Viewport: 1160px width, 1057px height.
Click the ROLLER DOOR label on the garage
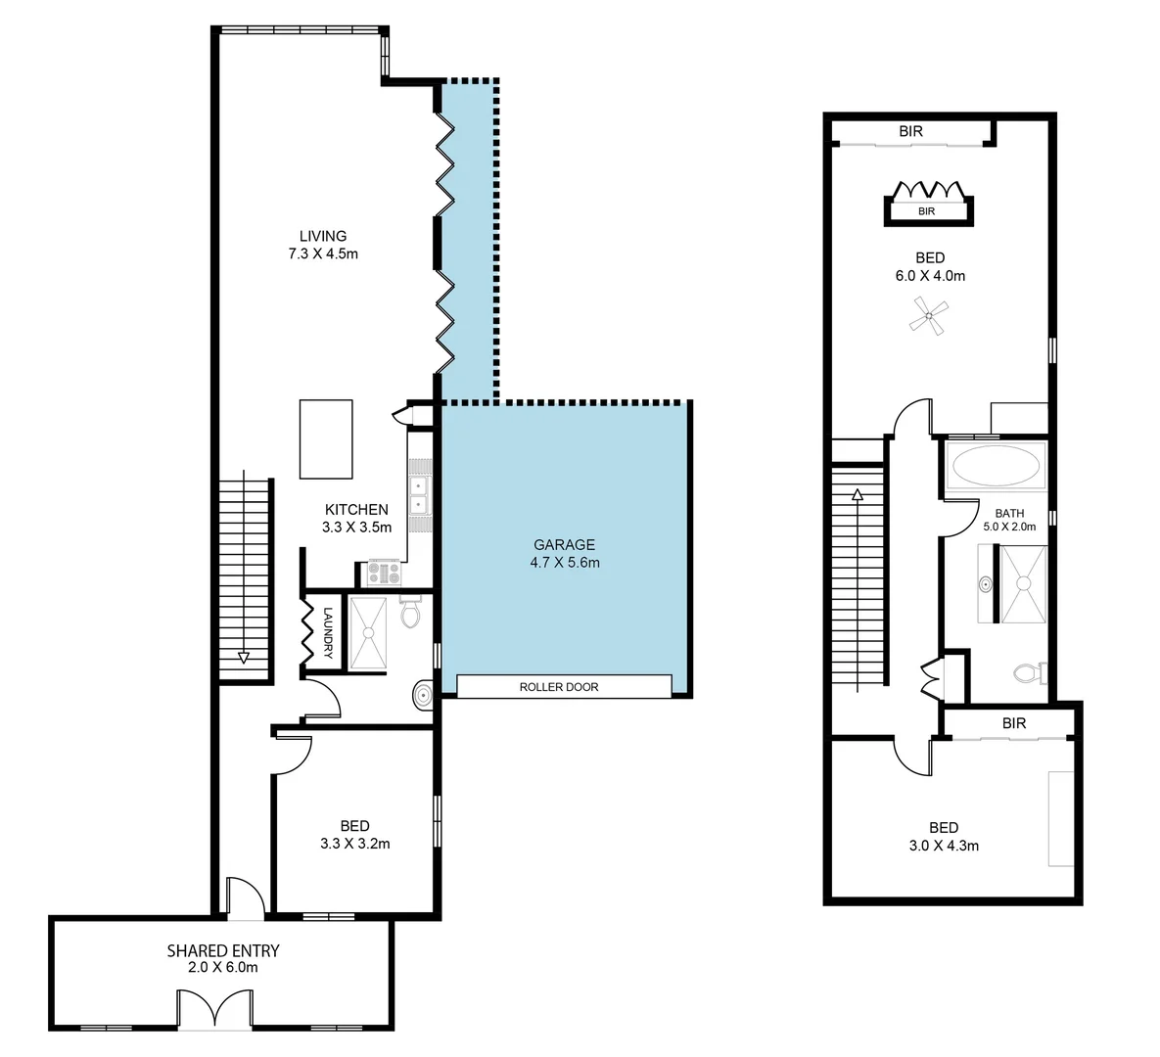point(558,687)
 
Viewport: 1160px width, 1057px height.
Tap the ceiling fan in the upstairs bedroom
point(928,318)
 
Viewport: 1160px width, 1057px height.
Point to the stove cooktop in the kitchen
point(383,573)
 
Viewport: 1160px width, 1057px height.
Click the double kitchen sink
point(419,495)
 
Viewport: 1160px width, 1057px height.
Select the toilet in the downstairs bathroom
point(411,613)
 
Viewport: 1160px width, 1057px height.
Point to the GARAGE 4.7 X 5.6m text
point(564,554)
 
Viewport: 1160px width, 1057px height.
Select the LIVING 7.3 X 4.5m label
point(323,245)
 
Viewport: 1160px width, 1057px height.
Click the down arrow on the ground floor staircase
point(243,658)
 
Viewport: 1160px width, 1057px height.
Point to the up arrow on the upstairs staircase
point(858,495)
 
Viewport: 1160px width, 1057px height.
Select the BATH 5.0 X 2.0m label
point(1009,519)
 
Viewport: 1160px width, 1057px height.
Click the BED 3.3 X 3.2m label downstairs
point(354,835)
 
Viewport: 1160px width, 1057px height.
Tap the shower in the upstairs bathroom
point(1024,583)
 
